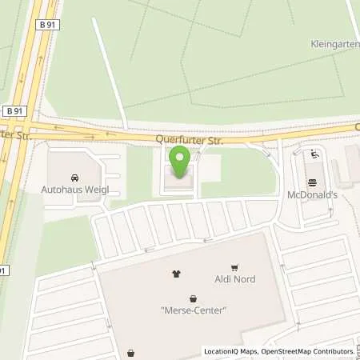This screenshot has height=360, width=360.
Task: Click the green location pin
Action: click(181, 162)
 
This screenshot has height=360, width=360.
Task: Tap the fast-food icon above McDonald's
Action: click(313, 155)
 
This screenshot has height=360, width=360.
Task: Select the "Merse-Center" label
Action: click(193, 310)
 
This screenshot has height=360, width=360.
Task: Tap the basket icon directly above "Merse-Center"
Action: click(193, 298)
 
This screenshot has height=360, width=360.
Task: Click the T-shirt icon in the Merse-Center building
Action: click(176, 274)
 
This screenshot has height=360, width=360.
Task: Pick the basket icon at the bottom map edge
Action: click(130, 352)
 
